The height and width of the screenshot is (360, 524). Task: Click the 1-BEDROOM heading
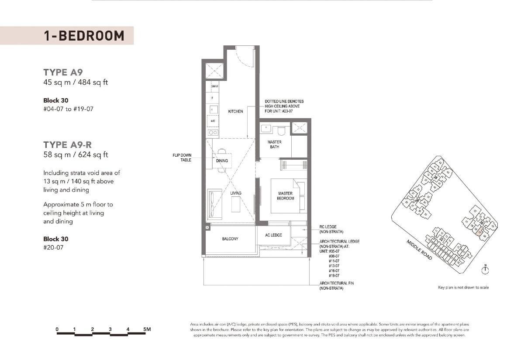pyautogui.click(x=84, y=36)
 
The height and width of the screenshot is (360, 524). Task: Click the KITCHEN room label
pyautogui.click(x=235, y=112)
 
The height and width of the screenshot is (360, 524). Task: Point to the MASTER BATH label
pyautogui.click(x=274, y=144)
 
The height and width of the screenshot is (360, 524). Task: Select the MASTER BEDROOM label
pyautogui.click(x=286, y=195)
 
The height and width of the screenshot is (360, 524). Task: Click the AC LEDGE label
pyautogui.click(x=273, y=235)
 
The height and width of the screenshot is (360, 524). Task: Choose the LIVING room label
pyautogui.click(x=236, y=193)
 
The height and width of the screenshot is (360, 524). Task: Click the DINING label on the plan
pyautogui.click(x=222, y=161)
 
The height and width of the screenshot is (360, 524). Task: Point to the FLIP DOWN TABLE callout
pyautogui.click(x=182, y=158)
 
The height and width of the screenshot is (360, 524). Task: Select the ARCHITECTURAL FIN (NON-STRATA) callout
pyautogui.click(x=337, y=286)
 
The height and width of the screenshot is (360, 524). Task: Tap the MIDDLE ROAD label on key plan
pyautogui.click(x=419, y=250)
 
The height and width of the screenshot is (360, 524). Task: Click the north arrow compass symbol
pyautogui.click(x=485, y=270)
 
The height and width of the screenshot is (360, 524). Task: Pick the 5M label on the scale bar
pyautogui.click(x=147, y=329)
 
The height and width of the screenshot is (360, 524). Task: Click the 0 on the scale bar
pyautogui.click(x=57, y=329)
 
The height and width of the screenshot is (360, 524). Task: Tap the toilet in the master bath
pyautogui.click(x=282, y=130)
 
